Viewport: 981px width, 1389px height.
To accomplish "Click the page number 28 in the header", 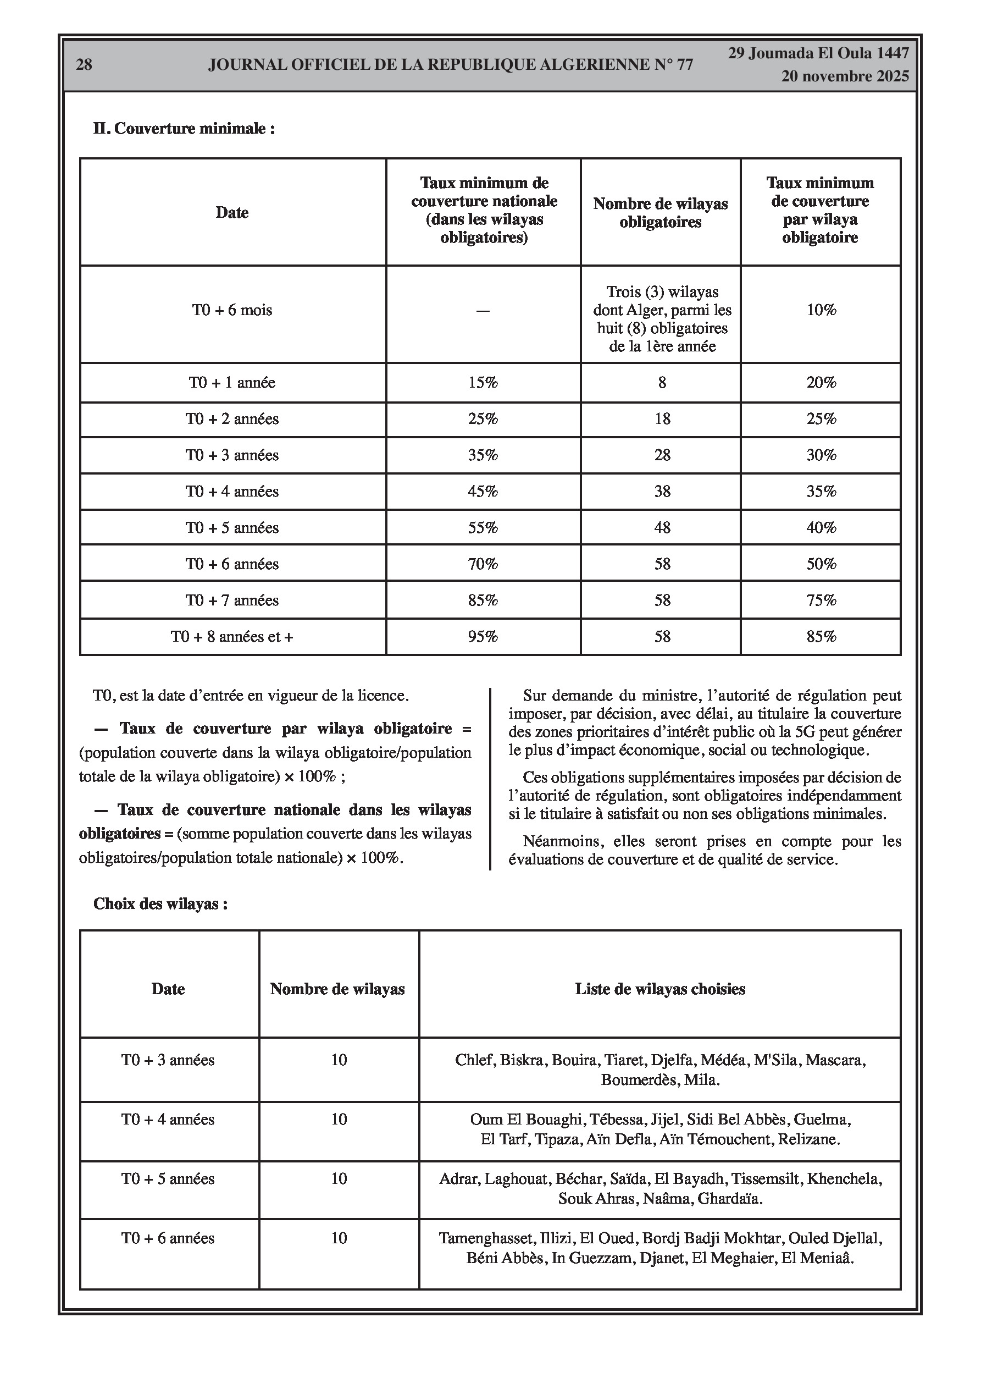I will [x=84, y=65].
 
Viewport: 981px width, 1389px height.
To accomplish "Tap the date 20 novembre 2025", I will [x=845, y=76].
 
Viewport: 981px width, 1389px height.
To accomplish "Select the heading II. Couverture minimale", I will [x=184, y=129].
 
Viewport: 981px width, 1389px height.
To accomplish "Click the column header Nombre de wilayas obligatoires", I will [x=661, y=213].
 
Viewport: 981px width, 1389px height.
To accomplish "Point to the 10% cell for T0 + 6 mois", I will [x=821, y=310].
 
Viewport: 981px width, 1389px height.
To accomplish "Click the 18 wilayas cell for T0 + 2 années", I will [x=662, y=419].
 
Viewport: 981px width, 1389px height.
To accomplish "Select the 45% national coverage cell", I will [x=483, y=492].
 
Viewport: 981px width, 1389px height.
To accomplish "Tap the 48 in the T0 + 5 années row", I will [x=662, y=528].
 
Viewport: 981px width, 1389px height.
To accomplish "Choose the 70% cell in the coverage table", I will [x=483, y=564].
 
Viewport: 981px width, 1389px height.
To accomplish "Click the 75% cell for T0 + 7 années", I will [x=821, y=600].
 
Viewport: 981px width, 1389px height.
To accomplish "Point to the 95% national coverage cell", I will [x=483, y=637].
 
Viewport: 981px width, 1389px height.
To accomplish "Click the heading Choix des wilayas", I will [x=160, y=905].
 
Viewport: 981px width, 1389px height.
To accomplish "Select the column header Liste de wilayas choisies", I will [x=660, y=990].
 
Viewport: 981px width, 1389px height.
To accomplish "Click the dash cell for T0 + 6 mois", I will [x=483, y=311].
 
